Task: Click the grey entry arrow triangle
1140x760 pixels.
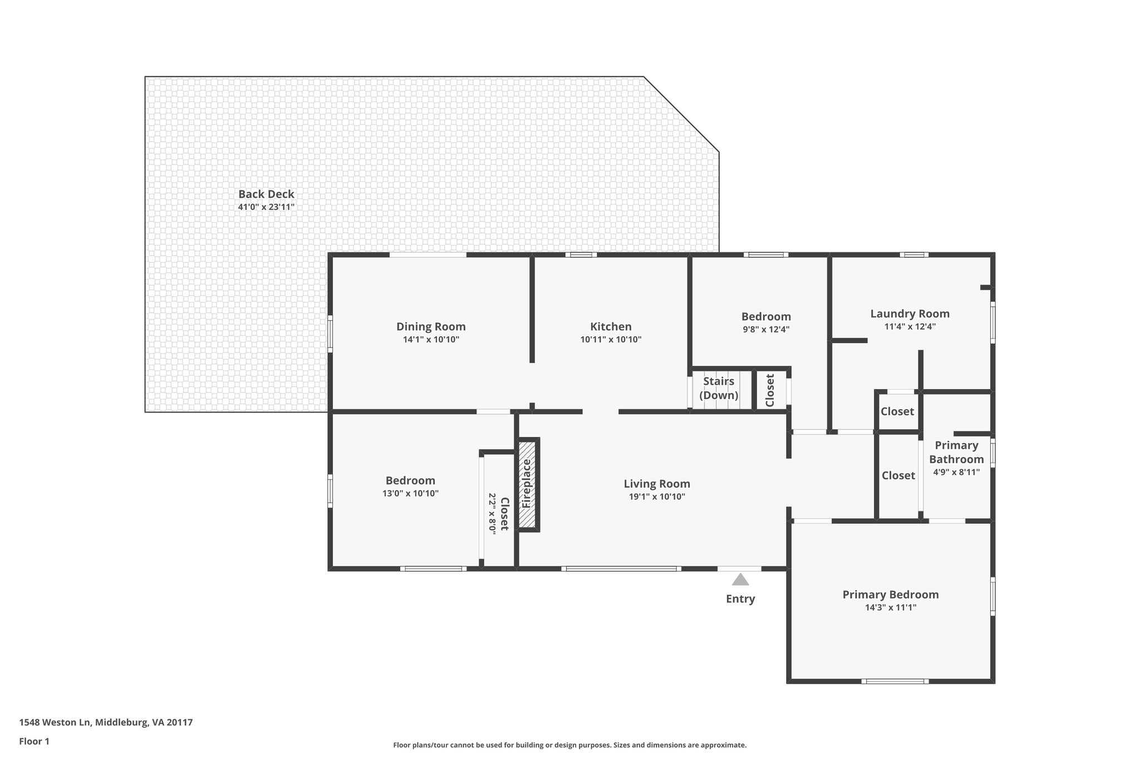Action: click(740, 580)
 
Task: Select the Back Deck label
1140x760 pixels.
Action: click(266, 194)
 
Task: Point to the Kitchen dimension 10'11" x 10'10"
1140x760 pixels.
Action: click(611, 340)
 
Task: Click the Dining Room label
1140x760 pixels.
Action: click(431, 326)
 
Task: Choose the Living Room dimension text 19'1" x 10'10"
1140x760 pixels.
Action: click(657, 497)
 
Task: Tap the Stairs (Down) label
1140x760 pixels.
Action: click(719, 389)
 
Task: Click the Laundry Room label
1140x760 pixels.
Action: click(910, 313)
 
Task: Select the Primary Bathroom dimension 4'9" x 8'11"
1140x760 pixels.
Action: click(956, 472)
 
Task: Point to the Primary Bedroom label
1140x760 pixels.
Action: click(891, 595)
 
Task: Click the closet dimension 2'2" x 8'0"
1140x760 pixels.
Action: click(492, 514)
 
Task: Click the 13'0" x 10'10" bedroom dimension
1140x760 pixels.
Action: click(410, 493)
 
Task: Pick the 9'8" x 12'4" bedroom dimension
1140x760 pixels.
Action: click(766, 329)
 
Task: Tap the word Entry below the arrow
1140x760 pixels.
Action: click(740, 599)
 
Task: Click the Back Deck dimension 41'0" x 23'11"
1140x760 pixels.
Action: click(266, 207)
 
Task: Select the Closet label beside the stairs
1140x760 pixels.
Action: click(770, 390)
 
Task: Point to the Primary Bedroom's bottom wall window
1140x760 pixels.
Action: click(895, 681)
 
